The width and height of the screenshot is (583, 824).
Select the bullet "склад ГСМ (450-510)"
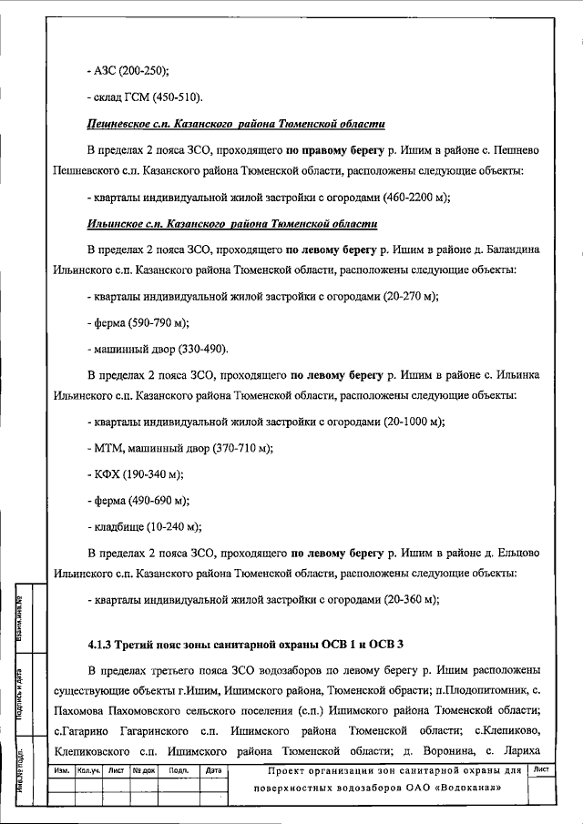tap(149, 97)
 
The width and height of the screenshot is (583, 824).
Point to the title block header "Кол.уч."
tap(88, 770)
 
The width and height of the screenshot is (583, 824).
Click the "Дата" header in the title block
tap(215, 770)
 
